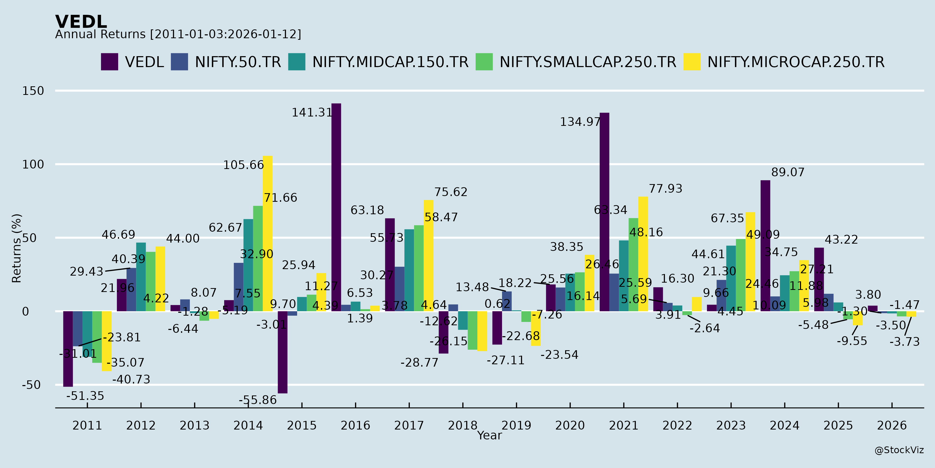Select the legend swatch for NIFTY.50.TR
179,62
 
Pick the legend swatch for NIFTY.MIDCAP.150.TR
297,62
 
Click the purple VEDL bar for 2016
336,207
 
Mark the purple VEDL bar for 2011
68,349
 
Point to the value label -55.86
258,400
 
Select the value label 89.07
788,172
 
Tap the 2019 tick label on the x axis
516,425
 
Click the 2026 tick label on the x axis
892,425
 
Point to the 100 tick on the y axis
33,164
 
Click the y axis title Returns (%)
17,248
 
